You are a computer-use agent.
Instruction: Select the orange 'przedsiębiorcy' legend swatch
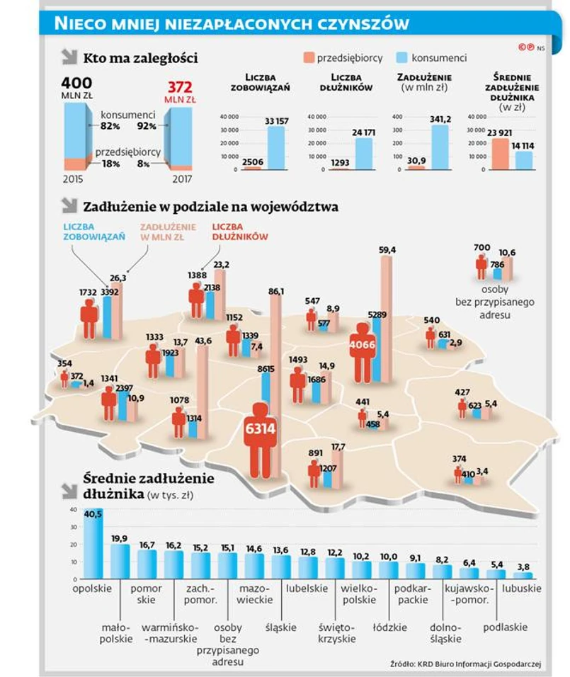click(307, 57)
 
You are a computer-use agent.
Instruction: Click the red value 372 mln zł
click(181, 88)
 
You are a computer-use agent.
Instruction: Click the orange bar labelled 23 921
click(500, 154)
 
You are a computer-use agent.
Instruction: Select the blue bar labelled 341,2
click(440, 147)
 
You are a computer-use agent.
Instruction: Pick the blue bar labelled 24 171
click(365, 153)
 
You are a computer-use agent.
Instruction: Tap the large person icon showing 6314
click(260, 439)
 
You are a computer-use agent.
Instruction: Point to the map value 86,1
click(276, 291)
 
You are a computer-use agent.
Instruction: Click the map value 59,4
click(387, 250)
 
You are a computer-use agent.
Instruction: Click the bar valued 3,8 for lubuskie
click(523, 574)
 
